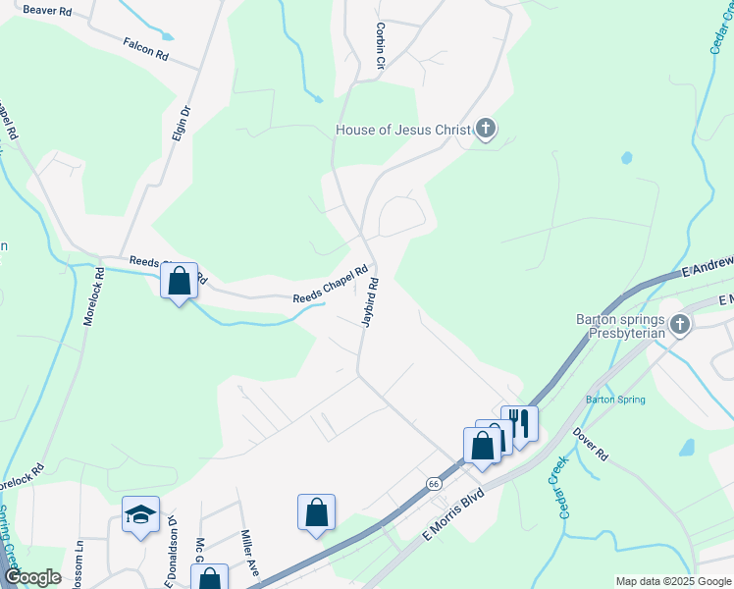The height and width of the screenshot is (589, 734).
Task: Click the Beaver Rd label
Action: [x=47, y=10]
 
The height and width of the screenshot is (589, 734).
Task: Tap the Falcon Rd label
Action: [x=146, y=50]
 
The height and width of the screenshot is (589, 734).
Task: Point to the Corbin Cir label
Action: [x=379, y=47]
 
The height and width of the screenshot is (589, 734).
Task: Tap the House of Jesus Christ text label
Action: [x=402, y=130]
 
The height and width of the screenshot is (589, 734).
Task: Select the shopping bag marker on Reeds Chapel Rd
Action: [x=180, y=282]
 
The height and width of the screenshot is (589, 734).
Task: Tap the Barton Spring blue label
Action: [x=614, y=400]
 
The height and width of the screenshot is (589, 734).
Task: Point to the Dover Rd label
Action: [x=592, y=443]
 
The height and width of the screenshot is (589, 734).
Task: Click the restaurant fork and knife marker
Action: [x=519, y=424]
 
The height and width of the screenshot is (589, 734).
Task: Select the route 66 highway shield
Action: [x=433, y=484]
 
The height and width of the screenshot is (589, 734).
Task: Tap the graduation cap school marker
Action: [x=140, y=513]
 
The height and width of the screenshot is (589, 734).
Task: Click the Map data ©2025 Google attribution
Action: [x=673, y=581]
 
